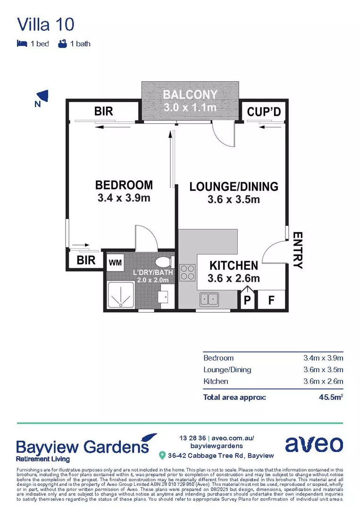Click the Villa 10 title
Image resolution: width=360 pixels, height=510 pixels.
45,24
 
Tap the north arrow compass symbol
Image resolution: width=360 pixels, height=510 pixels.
43,96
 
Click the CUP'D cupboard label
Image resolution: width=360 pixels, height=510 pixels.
264,112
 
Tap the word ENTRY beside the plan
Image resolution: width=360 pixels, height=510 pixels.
298,250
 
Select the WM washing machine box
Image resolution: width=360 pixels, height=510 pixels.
115,262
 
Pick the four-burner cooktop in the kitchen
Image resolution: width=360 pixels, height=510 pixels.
188,272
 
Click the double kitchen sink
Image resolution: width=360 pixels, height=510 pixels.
209,299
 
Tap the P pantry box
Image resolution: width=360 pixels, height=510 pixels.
247,299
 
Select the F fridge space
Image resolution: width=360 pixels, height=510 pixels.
271,299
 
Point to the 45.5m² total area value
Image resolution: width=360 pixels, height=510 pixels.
330,397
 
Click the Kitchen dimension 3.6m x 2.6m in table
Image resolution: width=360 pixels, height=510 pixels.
323,381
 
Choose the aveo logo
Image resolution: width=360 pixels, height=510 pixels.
314,444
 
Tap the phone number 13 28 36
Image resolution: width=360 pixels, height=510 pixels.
193,438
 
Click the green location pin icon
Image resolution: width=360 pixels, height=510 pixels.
162,456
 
